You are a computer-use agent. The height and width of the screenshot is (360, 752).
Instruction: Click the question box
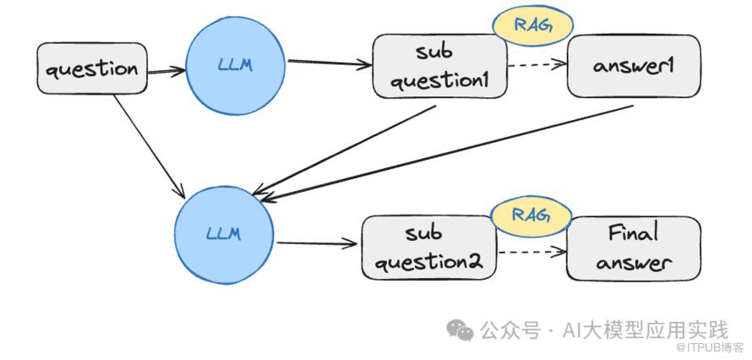92,68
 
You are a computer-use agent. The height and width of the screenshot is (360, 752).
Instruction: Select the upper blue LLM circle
236,66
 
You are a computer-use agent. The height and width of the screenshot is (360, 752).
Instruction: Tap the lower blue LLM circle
224,234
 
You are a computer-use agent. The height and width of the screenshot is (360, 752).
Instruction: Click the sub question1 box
439,66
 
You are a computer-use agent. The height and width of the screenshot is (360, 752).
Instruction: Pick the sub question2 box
429,248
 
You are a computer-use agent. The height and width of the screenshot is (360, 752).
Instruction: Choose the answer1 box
634,66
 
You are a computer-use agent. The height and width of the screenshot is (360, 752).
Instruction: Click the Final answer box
634,248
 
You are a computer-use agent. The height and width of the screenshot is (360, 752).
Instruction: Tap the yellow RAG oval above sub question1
533,25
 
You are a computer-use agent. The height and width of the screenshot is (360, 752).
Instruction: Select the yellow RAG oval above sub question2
531,215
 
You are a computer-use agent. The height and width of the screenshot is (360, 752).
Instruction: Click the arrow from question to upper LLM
166,72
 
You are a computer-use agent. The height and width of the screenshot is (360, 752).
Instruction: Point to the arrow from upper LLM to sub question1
330,63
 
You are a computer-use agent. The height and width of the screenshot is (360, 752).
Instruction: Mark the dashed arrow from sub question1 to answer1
537,65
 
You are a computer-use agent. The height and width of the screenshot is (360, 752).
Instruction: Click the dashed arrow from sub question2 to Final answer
531,252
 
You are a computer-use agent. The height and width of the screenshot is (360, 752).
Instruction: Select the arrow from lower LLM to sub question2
317,243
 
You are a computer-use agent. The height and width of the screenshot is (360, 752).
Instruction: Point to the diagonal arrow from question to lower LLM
150,147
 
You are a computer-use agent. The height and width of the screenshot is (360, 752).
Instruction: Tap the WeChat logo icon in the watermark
460,330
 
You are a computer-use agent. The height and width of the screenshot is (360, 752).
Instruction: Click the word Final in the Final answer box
633,234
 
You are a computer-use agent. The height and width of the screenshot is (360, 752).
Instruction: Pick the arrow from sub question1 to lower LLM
343,150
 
